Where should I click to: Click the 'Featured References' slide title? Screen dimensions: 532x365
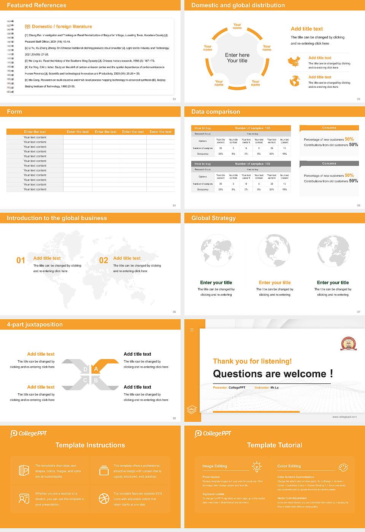click(36, 5)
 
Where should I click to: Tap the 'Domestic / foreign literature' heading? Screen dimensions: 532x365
click(62, 27)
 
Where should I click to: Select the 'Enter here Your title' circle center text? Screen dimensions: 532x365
click(237, 58)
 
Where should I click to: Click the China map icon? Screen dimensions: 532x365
click(294, 61)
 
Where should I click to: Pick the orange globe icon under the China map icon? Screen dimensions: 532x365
click(295, 81)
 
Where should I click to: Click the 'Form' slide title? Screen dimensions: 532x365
click(14, 112)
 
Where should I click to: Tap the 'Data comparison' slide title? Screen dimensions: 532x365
click(216, 112)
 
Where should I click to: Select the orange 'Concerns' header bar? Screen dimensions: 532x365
click(329, 128)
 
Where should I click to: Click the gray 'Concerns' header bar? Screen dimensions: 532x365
click(329, 164)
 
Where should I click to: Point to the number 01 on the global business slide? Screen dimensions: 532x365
click(21, 260)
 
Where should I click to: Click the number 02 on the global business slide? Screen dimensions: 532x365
click(103, 260)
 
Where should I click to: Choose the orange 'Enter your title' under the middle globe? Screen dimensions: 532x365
click(275, 283)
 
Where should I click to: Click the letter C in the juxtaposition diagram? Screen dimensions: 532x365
click(85, 380)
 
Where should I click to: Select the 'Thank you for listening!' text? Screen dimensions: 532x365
click(252, 361)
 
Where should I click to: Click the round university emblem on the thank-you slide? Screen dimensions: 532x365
click(348, 344)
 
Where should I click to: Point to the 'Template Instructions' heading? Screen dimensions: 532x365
click(90, 445)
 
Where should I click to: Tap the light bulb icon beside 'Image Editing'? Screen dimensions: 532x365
click(257, 467)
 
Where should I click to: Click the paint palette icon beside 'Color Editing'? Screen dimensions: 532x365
click(343, 467)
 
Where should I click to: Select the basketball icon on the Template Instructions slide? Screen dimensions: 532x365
click(104, 499)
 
